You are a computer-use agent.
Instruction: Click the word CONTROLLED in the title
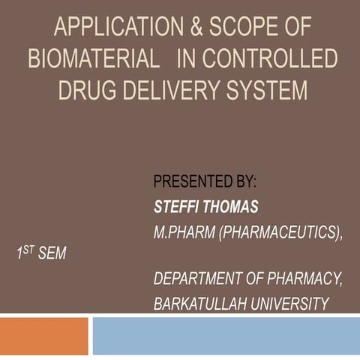271,60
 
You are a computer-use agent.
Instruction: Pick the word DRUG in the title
88,90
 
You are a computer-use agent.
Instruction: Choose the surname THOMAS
229,205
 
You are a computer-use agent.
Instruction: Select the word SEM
52,254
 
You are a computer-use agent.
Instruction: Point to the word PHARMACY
304,280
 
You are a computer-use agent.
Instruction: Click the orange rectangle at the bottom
43,336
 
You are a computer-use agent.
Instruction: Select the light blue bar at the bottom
225,336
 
